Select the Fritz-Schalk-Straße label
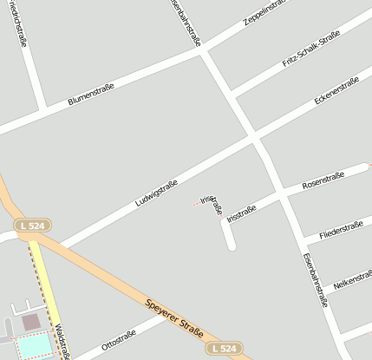(x=311, y=51)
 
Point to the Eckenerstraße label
(x=336, y=92)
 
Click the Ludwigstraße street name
(x=156, y=193)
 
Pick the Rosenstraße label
(x=323, y=181)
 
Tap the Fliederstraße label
(x=341, y=230)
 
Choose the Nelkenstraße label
(x=352, y=279)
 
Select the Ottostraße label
(x=119, y=339)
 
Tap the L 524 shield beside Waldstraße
(x=31, y=226)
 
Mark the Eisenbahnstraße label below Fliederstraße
(x=315, y=280)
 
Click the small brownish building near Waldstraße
(x=31, y=322)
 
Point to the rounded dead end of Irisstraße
(x=232, y=245)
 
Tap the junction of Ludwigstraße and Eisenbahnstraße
(x=253, y=137)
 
